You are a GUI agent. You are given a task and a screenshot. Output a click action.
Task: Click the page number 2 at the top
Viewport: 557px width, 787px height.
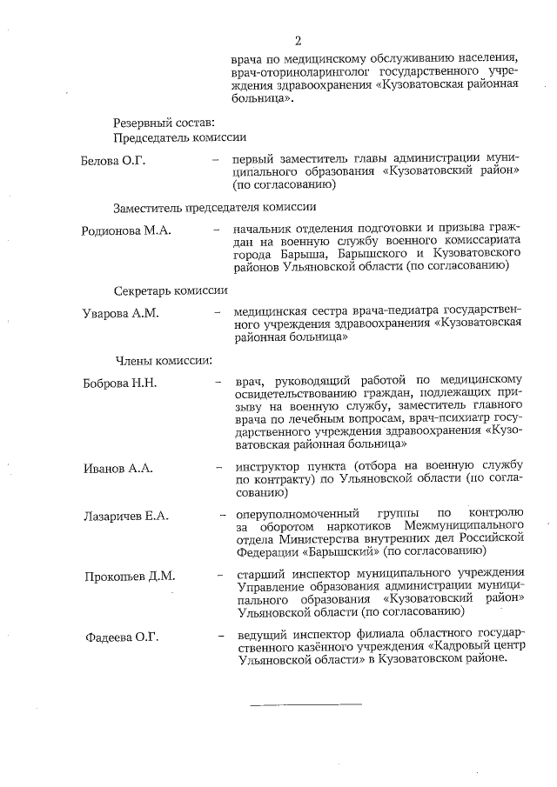tap(298, 41)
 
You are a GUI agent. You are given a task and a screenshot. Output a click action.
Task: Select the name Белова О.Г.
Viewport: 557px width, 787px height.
tap(113, 160)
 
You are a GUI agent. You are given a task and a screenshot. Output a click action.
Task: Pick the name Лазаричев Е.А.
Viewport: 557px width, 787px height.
tap(126, 517)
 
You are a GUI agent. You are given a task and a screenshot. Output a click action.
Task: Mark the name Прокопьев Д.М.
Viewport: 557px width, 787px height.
tap(130, 576)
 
